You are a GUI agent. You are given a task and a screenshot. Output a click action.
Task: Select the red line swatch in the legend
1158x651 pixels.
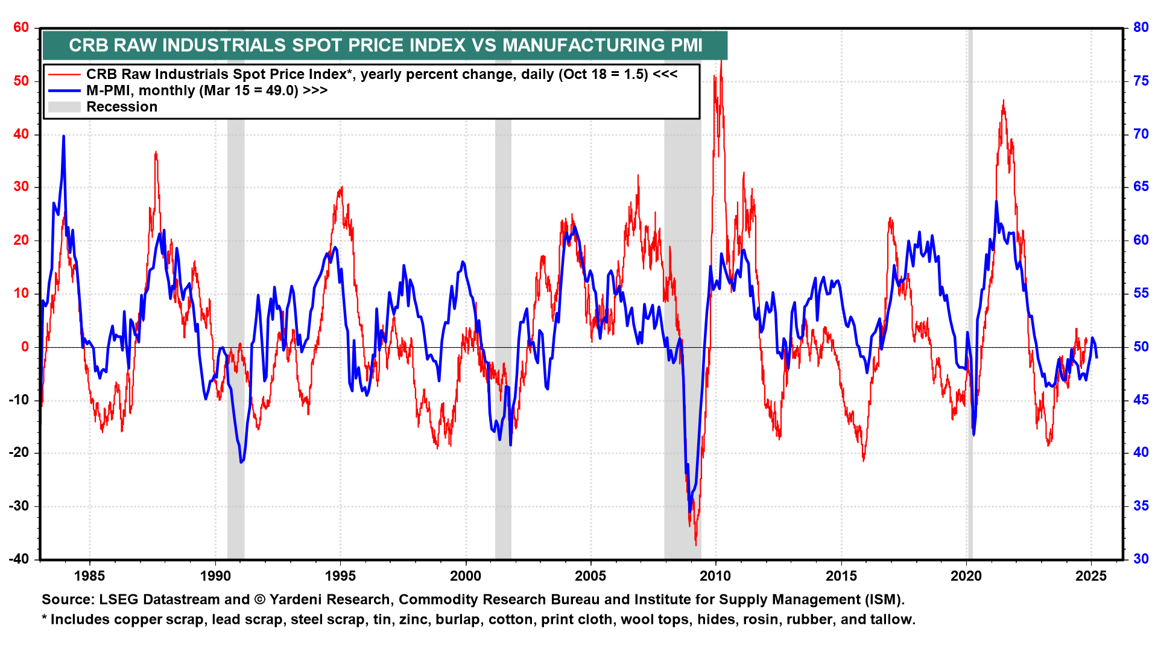(x=64, y=74)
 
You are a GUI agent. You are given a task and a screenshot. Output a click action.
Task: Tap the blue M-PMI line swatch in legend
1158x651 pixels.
(x=64, y=90)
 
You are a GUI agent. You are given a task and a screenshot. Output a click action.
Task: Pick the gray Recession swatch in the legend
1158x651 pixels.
(x=64, y=107)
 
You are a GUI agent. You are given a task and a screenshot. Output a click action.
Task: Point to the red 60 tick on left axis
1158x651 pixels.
(x=21, y=27)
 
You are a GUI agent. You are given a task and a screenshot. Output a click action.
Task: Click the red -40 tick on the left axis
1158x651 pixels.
(x=19, y=559)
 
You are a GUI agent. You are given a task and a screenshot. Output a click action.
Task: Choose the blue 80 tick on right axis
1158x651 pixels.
(x=1141, y=27)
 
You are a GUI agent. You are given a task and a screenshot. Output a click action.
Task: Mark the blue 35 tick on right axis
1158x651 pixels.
(x=1141, y=506)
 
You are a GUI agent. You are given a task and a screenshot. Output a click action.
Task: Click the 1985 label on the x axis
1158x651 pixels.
(x=89, y=576)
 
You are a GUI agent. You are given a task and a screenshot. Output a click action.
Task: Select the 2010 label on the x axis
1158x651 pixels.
(x=715, y=576)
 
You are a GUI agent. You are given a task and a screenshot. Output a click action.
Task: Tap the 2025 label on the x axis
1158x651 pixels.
(x=1091, y=576)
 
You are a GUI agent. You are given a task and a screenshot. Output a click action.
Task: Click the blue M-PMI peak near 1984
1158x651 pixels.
(x=63, y=137)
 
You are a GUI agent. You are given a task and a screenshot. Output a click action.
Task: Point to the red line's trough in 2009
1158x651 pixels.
(x=696, y=544)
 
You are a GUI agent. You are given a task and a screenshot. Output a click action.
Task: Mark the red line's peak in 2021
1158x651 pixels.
(x=1003, y=101)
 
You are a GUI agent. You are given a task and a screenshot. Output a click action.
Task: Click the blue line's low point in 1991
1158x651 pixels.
(x=241, y=462)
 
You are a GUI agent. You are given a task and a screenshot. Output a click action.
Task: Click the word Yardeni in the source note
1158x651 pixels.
(x=297, y=600)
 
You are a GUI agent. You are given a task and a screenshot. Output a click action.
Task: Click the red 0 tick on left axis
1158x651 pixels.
(x=25, y=347)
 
